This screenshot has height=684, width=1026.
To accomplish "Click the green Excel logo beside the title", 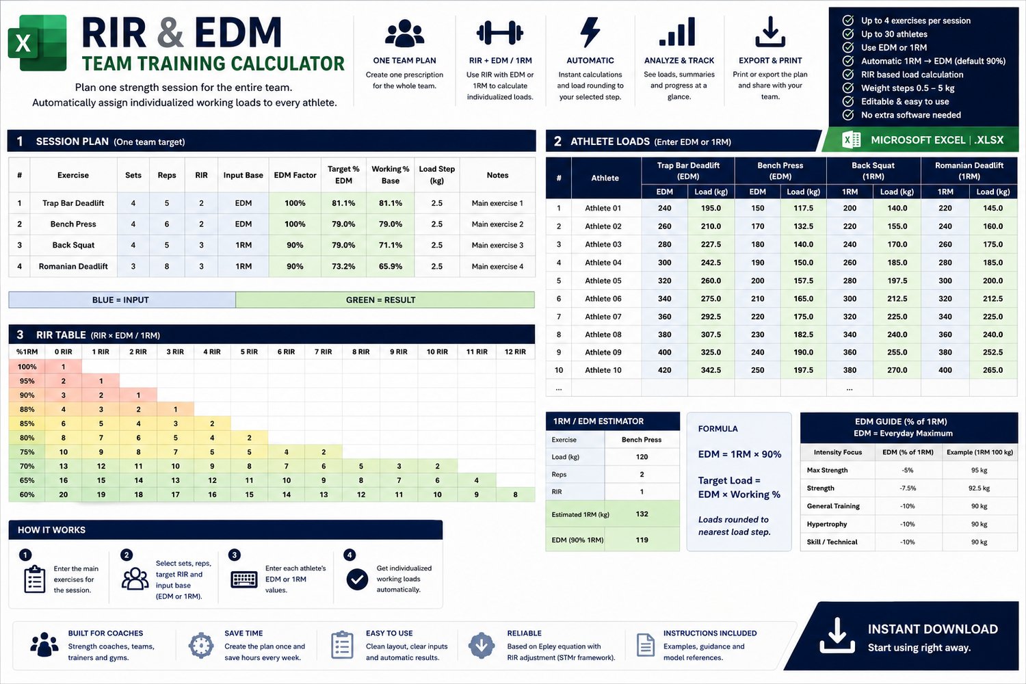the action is click(38, 42).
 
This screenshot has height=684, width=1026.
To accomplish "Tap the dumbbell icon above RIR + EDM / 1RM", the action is click(500, 33).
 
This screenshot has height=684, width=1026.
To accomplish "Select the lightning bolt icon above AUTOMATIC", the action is click(590, 33).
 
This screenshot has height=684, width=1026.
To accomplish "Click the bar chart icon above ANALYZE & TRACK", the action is click(677, 31).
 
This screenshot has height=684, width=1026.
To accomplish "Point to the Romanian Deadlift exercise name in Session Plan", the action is click(73, 266).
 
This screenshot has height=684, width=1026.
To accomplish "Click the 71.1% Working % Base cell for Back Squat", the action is click(391, 245).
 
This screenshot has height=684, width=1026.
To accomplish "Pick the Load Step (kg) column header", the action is click(436, 174).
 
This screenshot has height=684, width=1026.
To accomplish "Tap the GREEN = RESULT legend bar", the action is click(384, 300).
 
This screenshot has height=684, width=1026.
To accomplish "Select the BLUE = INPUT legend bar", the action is click(122, 300).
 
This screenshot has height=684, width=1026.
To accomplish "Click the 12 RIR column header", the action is click(515, 352).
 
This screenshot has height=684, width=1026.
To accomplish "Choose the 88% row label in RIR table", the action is click(27, 409).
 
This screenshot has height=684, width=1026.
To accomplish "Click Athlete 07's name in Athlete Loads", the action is click(603, 317).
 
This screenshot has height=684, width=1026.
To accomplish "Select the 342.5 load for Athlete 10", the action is click(711, 370).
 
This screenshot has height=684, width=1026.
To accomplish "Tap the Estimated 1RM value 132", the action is click(642, 514).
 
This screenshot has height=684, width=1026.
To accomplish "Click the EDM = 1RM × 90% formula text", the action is click(739, 454).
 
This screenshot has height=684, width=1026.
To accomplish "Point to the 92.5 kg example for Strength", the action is click(979, 488).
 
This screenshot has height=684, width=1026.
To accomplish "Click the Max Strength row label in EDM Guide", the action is click(827, 470).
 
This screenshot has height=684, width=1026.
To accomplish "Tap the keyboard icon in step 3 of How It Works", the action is click(244, 579).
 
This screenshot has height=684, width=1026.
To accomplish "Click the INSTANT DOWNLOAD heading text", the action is click(932, 629).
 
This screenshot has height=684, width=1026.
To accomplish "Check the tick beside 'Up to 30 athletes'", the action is click(848, 34).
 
